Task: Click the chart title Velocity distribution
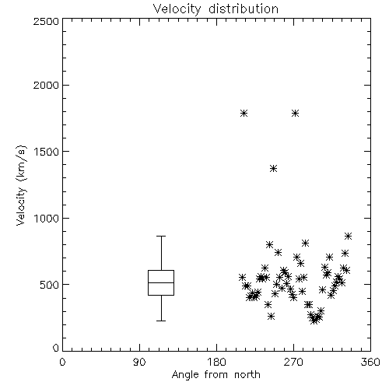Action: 216,9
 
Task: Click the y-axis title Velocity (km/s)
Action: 21,185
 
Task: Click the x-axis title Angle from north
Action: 216,375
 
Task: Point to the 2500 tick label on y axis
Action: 46,21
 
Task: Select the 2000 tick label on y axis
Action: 46,85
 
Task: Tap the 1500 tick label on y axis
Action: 47,152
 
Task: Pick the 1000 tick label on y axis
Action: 47,219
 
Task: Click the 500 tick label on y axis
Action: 50,285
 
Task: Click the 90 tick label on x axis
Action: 139,362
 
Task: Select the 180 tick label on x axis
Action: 216,362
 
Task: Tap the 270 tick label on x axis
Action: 293,362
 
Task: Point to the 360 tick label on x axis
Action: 370,362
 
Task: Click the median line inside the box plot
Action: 161,282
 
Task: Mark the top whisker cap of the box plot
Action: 161,237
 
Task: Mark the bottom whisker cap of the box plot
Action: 161,321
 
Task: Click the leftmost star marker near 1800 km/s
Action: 244,114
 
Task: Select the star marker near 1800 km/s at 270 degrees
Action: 295,114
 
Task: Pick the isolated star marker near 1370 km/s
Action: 273,169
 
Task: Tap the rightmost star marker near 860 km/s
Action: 349,237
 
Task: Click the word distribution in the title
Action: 244,9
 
